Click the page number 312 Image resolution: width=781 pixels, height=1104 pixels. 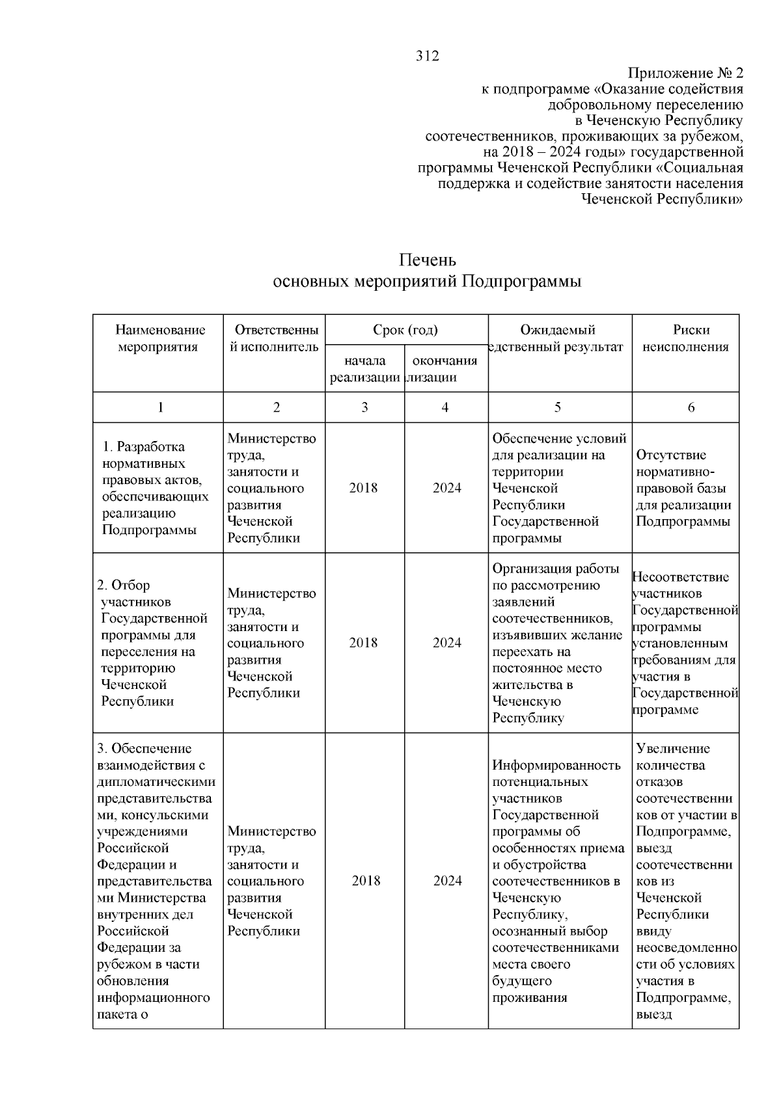pos(428,56)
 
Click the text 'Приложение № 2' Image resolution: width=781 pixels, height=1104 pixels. pos(685,73)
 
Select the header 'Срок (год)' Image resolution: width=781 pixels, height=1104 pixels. pos(405,330)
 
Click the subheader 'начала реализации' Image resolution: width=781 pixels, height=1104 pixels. pos(364,369)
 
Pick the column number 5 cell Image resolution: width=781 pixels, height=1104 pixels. pos(558,407)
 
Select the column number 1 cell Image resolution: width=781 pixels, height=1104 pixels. pos(160,407)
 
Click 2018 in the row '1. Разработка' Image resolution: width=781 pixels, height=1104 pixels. pos(363,488)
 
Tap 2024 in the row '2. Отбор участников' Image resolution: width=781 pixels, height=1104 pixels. pos(447,643)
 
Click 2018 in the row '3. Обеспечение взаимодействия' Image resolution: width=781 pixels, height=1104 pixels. pos(366,881)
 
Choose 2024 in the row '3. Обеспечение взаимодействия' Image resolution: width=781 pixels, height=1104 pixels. pos(448,881)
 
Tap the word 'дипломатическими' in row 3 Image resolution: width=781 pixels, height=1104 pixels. pos(156,782)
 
